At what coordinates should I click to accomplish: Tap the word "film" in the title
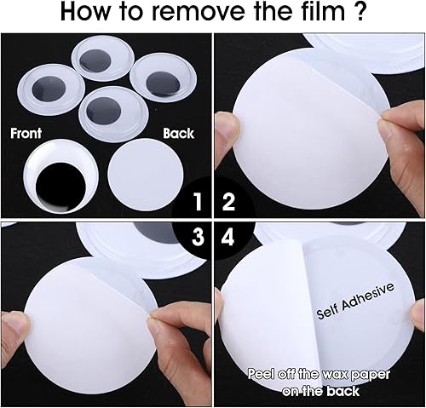click(x=319, y=11)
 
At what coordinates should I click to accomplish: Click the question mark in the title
click(x=360, y=12)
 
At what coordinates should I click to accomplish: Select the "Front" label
click(x=26, y=133)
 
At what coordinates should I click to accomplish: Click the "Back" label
click(x=179, y=134)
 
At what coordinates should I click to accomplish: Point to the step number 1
click(x=198, y=202)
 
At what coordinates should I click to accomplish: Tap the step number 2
click(x=228, y=202)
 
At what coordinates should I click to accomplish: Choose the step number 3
click(x=198, y=237)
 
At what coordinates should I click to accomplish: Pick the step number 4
click(x=227, y=237)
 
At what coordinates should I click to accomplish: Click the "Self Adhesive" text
click(x=355, y=301)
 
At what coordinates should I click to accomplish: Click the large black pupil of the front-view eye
click(x=60, y=187)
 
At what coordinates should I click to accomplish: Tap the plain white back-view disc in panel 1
click(x=146, y=174)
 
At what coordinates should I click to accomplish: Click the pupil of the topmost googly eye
click(x=95, y=60)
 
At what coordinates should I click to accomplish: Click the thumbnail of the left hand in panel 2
click(x=227, y=124)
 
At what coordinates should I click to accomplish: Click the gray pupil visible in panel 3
click(x=155, y=233)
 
